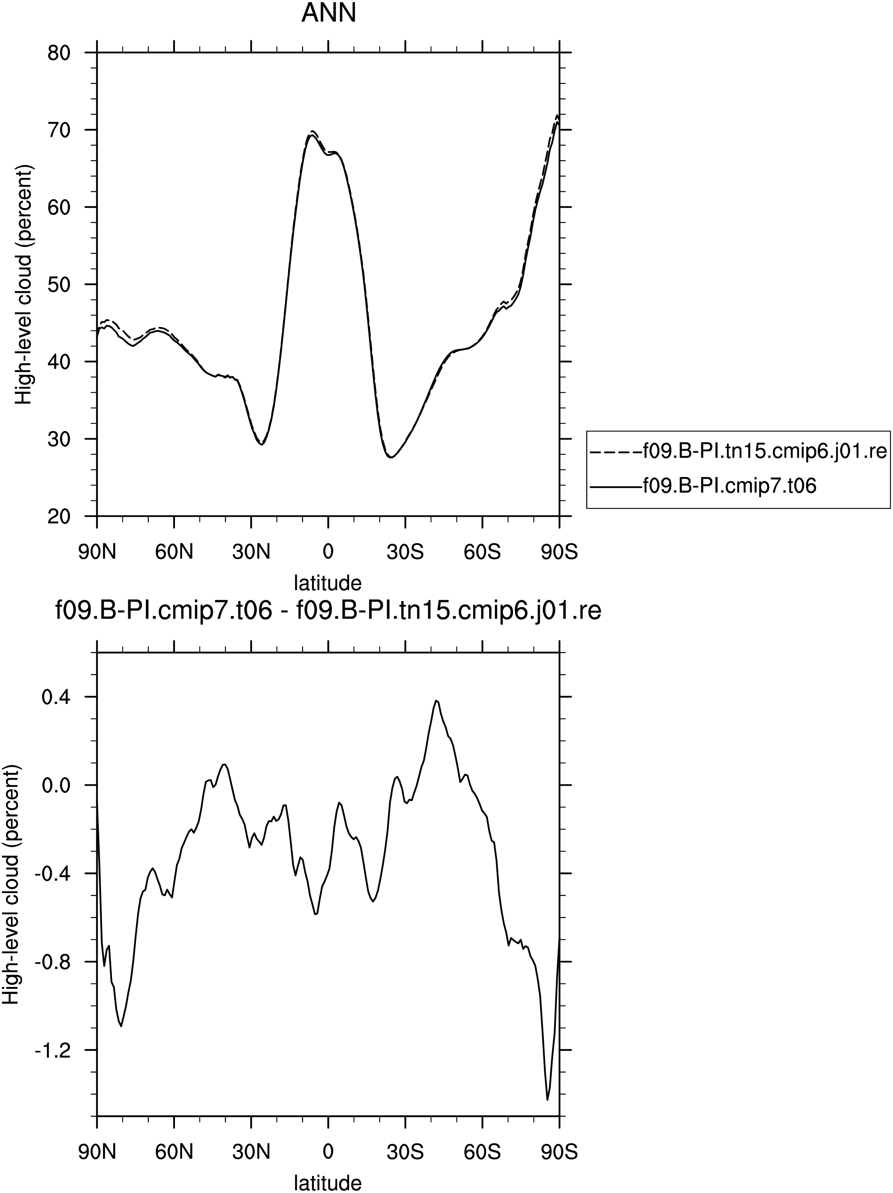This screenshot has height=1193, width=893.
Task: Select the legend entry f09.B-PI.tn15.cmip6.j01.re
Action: coord(738,450)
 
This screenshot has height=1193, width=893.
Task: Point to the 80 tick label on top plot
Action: coord(60,53)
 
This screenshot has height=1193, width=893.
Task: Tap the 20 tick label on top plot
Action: coord(60,516)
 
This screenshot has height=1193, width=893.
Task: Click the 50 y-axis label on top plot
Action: coord(60,284)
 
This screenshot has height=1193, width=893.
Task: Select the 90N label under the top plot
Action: coord(97,552)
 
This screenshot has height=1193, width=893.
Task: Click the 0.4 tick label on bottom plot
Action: coord(57,697)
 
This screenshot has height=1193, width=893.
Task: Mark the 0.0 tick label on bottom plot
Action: coord(57,785)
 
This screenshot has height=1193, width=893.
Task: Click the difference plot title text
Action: coord(328,612)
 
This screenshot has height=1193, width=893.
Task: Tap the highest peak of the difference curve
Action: coord(436,700)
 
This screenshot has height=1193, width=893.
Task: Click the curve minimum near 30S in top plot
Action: coord(391,457)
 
